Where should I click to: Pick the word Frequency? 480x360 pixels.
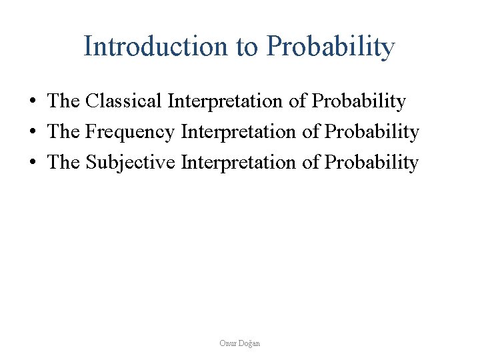131,133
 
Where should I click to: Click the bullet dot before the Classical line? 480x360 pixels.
32,102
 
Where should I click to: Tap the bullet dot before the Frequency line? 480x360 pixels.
32,133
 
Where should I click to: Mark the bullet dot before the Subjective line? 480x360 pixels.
32,163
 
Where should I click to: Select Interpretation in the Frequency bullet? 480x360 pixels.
240,133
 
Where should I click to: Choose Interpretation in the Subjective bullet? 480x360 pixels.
240,163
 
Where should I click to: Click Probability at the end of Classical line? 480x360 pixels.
359,101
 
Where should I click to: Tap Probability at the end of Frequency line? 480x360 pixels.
372,133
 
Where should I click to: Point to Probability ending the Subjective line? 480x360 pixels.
372,163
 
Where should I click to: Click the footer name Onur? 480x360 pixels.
228,343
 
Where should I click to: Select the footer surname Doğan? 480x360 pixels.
250,343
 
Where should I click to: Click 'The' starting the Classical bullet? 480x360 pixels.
63,101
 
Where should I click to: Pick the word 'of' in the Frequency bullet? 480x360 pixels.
311,133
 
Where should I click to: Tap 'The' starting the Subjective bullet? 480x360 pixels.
63,163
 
